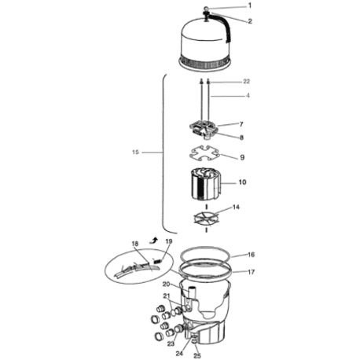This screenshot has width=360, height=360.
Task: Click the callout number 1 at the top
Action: point(250,6)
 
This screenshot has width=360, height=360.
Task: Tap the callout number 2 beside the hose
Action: point(250,21)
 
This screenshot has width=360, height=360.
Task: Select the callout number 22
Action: point(247,82)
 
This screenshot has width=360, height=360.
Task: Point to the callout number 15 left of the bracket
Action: point(135,152)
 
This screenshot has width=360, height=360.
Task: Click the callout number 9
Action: point(242,157)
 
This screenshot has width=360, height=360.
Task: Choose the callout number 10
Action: point(242,182)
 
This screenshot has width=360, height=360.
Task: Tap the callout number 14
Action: point(236,208)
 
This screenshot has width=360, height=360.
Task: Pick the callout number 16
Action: point(251,255)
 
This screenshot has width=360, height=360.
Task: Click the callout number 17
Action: point(251,272)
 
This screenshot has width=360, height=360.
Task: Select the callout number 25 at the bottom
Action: point(197,356)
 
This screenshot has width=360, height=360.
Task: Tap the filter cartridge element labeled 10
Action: point(205,184)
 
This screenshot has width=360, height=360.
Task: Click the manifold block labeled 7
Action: point(204,129)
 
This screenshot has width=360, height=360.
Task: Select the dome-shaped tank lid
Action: point(204,43)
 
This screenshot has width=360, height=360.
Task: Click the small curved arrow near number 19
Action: point(154,241)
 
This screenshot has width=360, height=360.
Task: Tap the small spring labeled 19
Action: point(157,261)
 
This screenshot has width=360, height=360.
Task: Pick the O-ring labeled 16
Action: point(205,255)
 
